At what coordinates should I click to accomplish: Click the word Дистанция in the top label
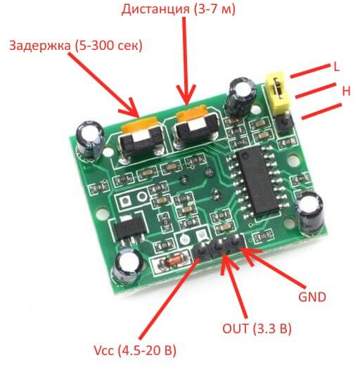pos(155,10)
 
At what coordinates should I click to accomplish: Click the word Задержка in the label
pos(40,45)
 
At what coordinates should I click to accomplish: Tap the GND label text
pos(312,297)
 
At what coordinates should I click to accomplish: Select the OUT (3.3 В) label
pos(257,328)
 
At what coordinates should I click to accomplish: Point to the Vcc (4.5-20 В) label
pos(135,350)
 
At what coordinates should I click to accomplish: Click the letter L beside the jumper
pos(336,67)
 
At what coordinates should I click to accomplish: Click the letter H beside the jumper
pos(346,91)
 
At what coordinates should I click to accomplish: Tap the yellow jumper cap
pos(278,92)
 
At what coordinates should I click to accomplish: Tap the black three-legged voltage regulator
pos(129,230)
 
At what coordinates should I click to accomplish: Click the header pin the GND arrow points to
pos(236,242)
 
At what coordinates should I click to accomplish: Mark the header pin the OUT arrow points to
pos(219,246)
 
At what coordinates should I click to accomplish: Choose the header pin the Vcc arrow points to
pos(202,250)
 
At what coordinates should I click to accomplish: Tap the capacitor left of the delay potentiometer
pos(90,141)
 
